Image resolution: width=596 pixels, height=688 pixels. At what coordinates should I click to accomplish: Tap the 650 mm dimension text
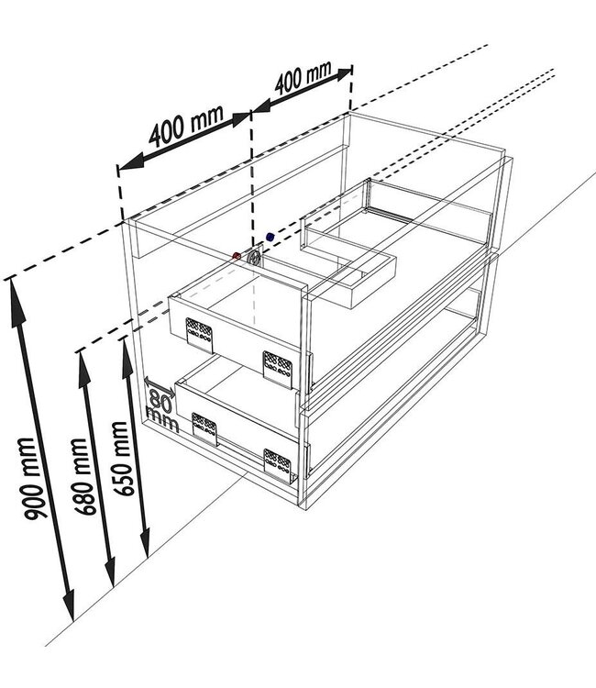click(x=122, y=459)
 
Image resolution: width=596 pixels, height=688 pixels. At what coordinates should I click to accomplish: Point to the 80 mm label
click(x=161, y=411)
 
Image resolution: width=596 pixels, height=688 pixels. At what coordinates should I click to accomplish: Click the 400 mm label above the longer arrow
click(x=187, y=126)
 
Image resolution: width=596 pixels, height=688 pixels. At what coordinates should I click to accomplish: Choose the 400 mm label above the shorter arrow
click(x=304, y=78)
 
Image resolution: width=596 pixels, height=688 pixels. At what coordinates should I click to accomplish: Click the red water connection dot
click(x=237, y=256)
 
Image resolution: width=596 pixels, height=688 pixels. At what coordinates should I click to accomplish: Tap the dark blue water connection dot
click(x=270, y=237)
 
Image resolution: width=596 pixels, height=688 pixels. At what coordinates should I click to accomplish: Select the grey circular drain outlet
click(x=254, y=257)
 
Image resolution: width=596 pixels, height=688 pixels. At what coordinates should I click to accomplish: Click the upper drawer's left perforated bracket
click(x=199, y=335)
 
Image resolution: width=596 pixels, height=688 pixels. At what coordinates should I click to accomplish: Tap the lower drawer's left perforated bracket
click(x=204, y=428)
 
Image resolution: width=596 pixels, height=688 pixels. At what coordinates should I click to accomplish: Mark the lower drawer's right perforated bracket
click(x=278, y=466)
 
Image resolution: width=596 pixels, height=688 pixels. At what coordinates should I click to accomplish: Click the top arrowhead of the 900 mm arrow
click(x=17, y=302)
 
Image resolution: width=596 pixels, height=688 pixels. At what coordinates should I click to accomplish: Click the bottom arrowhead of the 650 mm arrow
click(x=145, y=542)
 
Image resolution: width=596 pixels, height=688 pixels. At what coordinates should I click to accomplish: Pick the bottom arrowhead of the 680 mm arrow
click(x=110, y=571)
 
